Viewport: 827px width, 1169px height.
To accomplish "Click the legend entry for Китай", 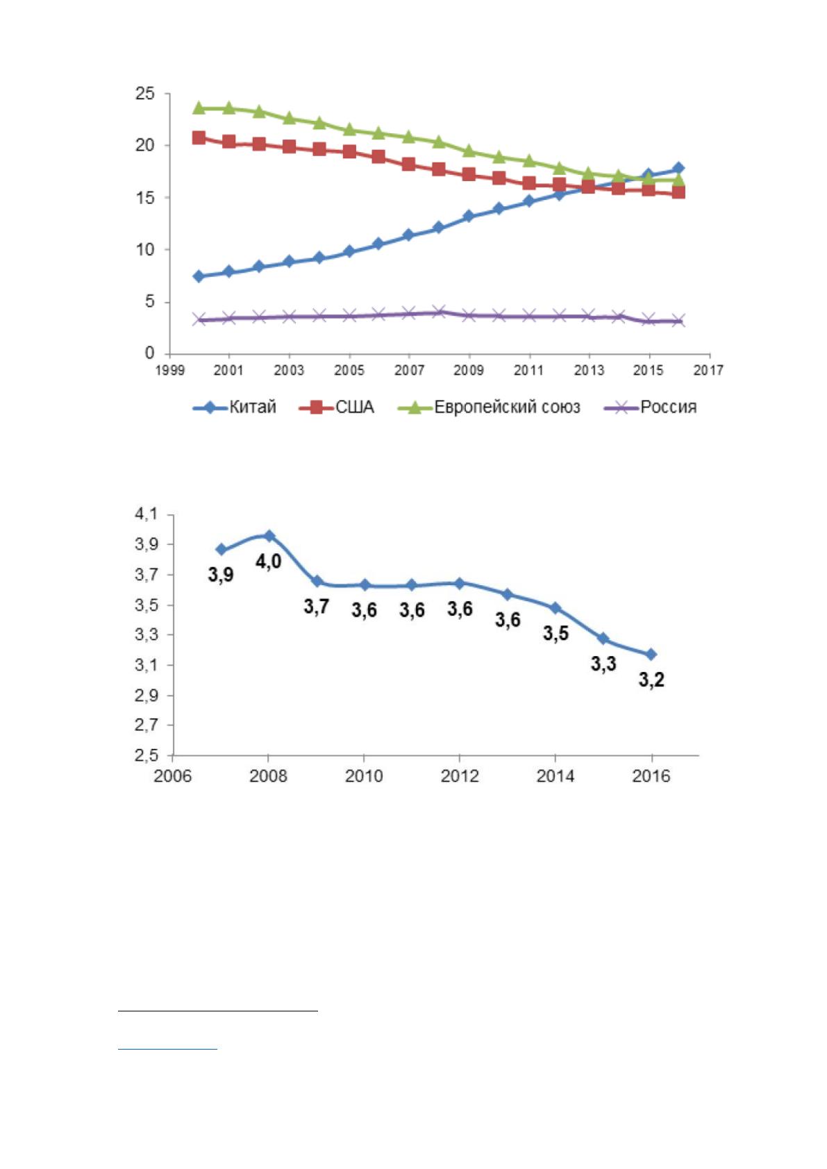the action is point(235,407).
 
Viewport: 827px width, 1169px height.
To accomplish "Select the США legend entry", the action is point(337,407).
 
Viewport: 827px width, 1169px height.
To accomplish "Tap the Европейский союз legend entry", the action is point(490,407).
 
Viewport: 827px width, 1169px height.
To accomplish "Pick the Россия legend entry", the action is point(650,407).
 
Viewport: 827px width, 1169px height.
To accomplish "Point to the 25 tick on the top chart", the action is point(145,94).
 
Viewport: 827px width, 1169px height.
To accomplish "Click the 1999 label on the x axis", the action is point(170,370).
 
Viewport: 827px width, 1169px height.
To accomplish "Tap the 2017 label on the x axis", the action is point(708,370).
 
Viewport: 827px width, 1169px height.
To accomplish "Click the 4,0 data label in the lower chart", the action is point(268,562).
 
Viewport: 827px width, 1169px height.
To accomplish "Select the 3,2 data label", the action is point(651,680).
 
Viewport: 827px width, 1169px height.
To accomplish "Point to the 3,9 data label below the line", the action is point(221,575).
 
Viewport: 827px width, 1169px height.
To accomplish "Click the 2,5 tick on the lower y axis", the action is point(146,755).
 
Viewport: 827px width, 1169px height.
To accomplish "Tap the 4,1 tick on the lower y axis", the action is point(146,514).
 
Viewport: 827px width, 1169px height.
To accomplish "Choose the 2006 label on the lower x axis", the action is point(172,776).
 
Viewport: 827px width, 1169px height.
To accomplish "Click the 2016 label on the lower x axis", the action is point(651,776).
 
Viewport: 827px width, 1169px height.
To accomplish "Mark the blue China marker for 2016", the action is point(678,168).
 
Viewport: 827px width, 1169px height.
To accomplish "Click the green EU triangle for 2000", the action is point(199,108).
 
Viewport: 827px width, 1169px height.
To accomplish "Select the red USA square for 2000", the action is point(199,137).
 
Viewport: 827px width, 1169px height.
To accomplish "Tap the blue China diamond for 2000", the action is point(199,276).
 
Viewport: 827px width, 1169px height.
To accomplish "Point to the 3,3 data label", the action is point(603,664).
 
